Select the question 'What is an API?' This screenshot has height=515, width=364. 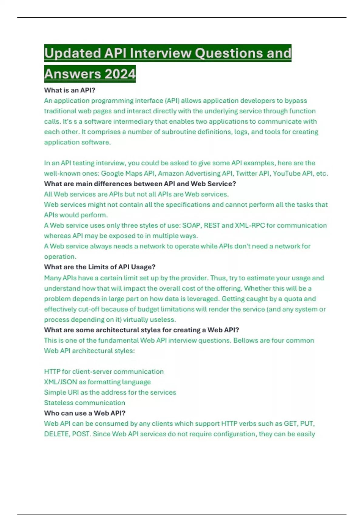coord(70,90)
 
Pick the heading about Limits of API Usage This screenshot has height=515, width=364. coord(99,267)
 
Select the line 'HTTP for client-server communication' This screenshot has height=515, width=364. coord(104,371)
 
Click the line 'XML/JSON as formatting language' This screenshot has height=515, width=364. coord(97,382)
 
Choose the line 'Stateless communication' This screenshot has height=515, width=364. coord(85,403)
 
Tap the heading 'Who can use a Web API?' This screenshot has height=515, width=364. coord(85,413)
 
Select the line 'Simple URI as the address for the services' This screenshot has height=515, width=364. coord(110,392)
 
